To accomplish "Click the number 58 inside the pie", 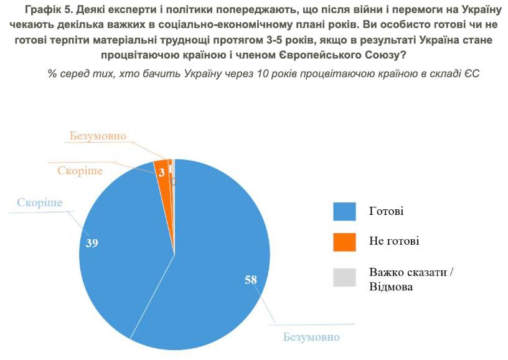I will pyautogui.click(x=251, y=280).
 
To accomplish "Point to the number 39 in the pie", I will pyautogui.click(x=92, y=243).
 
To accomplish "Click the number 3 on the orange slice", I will pyautogui.click(x=161, y=174).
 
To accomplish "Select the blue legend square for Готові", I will pyautogui.click(x=344, y=211).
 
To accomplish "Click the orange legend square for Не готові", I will pyautogui.click(x=344, y=242).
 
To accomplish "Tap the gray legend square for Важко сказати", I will pyautogui.click(x=344, y=277).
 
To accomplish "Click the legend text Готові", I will pyautogui.click(x=386, y=211).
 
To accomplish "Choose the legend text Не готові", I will pyautogui.click(x=393, y=241).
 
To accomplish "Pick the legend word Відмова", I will pyautogui.click(x=390, y=287).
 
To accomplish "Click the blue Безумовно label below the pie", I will pyautogui.click(x=311, y=337).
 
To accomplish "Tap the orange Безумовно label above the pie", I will pyautogui.click(x=98, y=136).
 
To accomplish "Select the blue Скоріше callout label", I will pyautogui.click(x=40, y=203).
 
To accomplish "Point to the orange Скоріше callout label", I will pyautogui.click(x=80, y=171).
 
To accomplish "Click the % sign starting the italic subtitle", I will pyautogui.click(x=52, y=73).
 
